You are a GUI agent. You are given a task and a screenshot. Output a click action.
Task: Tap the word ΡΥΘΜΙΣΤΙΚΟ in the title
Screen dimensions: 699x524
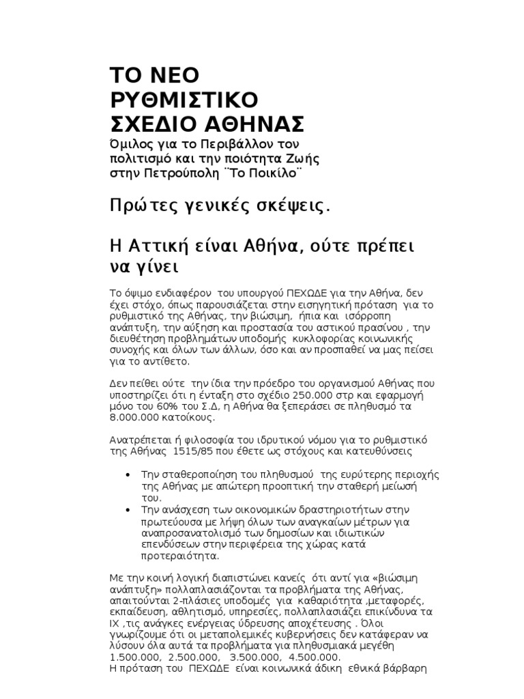click(184, 100)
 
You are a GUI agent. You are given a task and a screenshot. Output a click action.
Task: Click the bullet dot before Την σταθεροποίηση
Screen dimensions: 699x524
click(130, 474)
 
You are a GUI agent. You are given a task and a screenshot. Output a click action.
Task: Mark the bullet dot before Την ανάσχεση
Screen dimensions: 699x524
click(130, 510)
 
